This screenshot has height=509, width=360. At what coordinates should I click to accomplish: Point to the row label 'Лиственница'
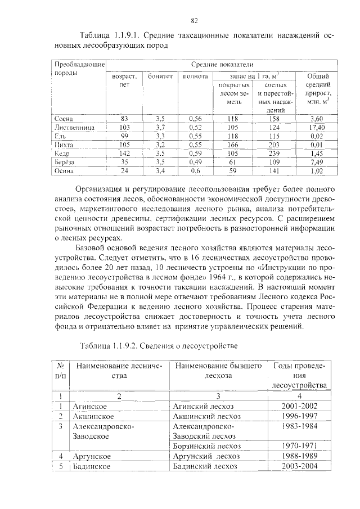click(x=73, y=128)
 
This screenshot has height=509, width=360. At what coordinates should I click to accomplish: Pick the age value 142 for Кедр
click(x=125, y=153)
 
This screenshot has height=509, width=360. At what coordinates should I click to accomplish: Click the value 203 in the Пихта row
click(x=274, y=145)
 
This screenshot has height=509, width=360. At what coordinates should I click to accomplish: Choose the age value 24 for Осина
click(x=125, y=170)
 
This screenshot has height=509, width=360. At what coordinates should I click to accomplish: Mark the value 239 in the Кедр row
click(x=274, y=153)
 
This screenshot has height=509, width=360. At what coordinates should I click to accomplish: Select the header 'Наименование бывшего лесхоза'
click(x=218, y=371)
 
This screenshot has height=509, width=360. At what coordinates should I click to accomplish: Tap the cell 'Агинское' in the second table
click(x=89, y=406)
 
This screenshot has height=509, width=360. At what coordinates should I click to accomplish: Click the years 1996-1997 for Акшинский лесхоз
click(x=299, y=416)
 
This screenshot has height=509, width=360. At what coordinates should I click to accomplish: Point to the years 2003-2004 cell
click(x=299, y=466)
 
